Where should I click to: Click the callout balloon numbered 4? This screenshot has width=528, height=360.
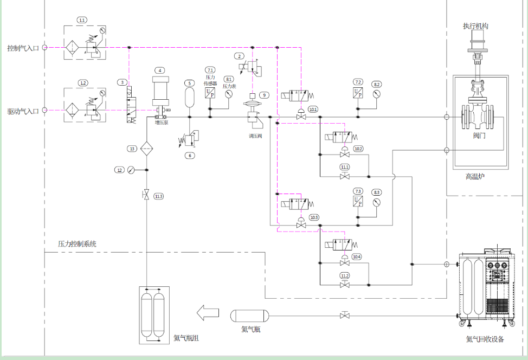point(160,70)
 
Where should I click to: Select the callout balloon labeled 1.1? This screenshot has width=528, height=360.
point(82,20)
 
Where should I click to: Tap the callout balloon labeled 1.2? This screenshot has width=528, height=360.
point(82,83)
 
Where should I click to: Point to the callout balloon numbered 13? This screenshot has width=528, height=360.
point(132,149)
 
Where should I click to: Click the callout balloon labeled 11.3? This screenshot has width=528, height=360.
point(158,196)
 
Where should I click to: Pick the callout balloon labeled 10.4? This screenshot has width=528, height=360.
point(357,256)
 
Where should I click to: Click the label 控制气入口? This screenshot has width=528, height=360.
point(23,48)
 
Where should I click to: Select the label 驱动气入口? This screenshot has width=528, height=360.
point(23,111)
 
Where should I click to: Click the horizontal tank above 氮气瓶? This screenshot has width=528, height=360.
point(250,315)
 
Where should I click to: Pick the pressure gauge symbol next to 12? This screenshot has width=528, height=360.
point(131,170)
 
